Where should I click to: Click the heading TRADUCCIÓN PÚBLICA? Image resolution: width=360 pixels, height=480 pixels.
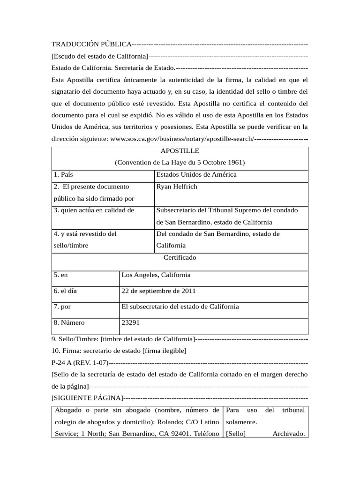tap(91, 44)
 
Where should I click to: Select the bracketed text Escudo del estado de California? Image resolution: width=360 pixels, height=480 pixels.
tap(100, 56)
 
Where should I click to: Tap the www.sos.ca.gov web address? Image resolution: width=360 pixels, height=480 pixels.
tap(182, 139)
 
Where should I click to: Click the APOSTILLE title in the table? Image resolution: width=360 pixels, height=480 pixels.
tap(180, 151)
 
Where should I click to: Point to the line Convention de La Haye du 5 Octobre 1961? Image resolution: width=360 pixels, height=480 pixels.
tap(180, 163)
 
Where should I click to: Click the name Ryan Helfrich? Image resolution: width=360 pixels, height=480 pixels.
tap(177, 187)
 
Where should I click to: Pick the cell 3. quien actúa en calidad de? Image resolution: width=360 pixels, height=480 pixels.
tap(94, 210)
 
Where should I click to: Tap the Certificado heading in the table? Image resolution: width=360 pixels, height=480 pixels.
tap(180, 258)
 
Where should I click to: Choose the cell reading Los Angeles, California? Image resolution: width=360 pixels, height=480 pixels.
tap(156, 275)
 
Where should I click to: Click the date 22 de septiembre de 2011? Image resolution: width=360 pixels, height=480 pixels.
tap(158, 291)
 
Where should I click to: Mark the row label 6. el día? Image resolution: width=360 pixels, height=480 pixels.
tap(65, 291)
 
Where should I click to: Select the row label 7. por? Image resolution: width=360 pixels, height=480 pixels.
tap(62, 307)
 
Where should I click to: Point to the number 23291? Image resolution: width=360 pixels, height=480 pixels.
tap(130, 322)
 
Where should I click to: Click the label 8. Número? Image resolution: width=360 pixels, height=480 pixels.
tap(69, 322)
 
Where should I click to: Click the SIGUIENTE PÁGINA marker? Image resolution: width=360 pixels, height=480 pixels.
tap(87, 398)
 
